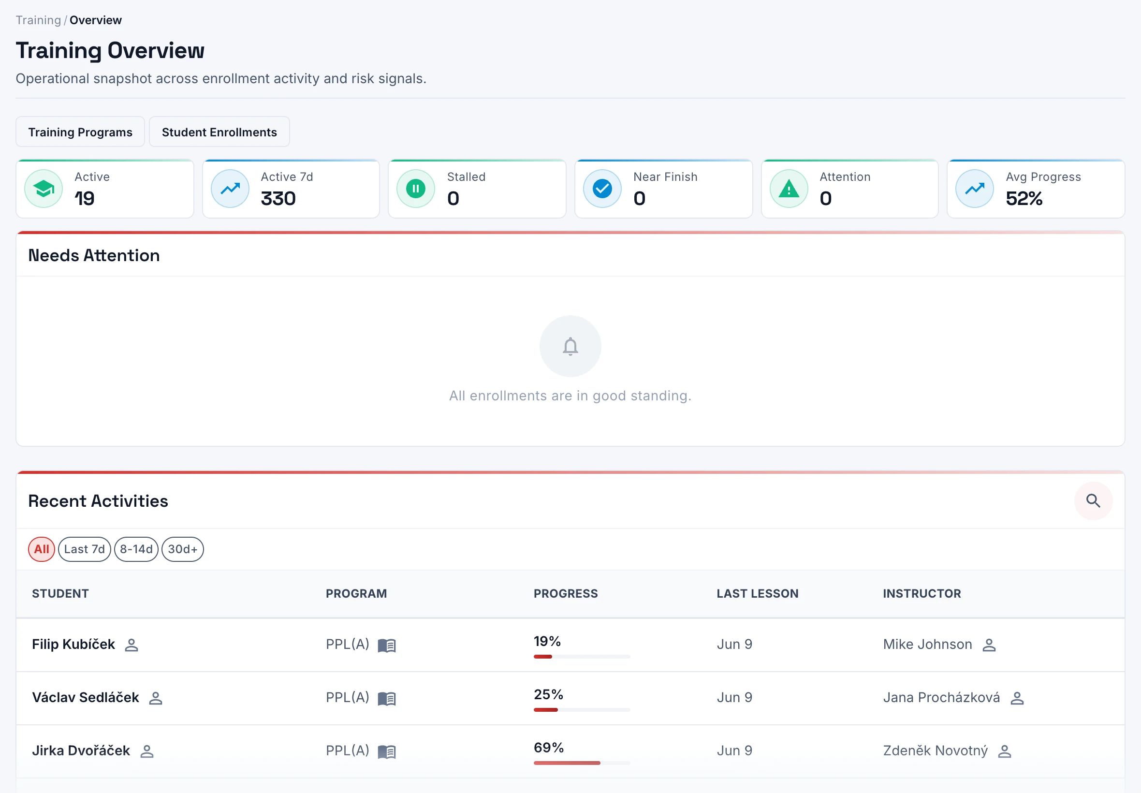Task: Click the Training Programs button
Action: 80,132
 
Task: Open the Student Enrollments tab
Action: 219,132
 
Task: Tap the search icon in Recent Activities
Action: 1093,500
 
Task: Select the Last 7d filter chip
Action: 85,549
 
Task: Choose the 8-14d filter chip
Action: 136,549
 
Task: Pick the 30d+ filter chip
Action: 183,549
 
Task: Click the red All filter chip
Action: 41,549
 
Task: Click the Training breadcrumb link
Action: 38,20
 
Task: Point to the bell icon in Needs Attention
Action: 570,346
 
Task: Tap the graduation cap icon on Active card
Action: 44,188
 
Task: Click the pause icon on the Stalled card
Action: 416,188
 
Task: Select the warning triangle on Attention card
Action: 789,189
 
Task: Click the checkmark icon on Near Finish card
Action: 602,188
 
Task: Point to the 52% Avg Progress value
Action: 1024,199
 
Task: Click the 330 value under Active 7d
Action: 278,199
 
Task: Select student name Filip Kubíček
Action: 73,645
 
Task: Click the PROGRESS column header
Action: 566,593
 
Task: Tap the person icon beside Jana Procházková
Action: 1017,698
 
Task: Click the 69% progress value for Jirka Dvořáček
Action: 549,747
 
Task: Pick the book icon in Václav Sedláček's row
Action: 387,699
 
